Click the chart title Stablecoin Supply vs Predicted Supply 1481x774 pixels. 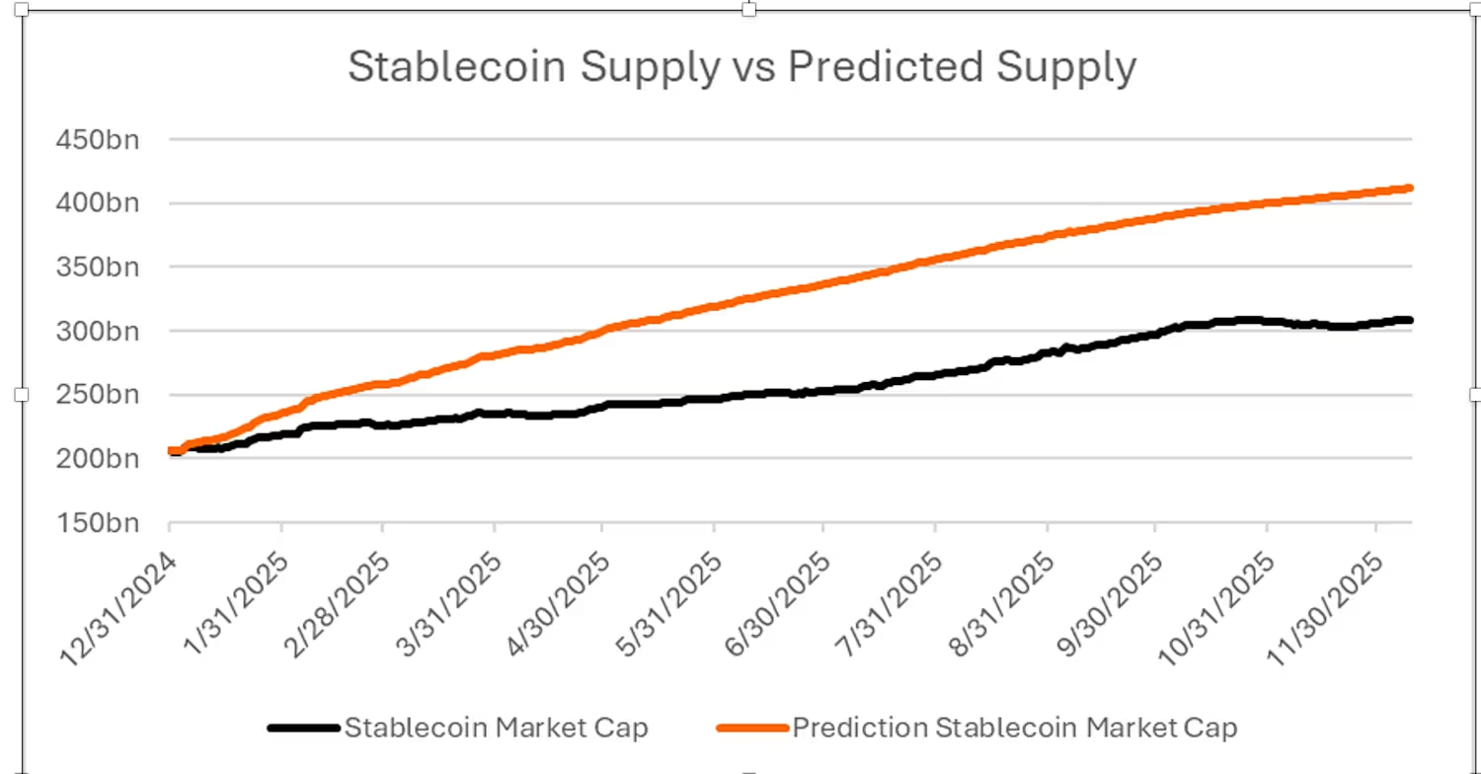pos(741,67)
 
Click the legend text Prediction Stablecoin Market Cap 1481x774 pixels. pos(1015,729)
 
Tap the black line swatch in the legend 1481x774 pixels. pos(304,729)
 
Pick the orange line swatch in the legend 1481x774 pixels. pos(752,729)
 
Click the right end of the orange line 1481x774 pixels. pos(1410,188)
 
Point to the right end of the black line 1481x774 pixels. pos(1410,320)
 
